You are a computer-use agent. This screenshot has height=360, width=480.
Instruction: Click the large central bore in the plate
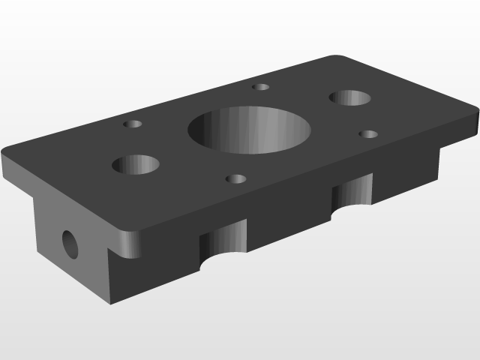tap(249, 129)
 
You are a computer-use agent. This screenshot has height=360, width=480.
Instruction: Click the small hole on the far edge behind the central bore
tap(260, 87)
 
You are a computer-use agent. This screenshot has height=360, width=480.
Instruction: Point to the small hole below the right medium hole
tap(367, 134)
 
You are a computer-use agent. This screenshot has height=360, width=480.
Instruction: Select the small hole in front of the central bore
tap(235, 179)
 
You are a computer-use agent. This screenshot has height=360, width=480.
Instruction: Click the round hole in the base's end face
tap(69, 243)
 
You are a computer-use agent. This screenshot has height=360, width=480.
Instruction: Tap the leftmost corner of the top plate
tap(4, 161)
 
